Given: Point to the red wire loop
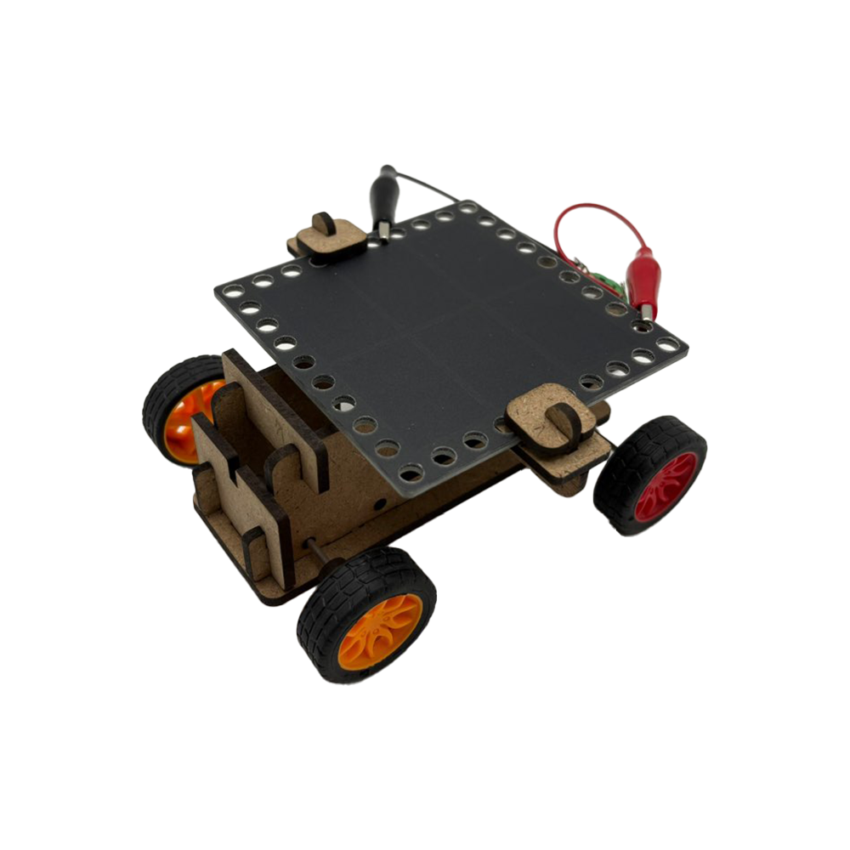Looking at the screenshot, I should coord(586,218).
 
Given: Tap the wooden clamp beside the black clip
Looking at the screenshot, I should coord(328,235).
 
